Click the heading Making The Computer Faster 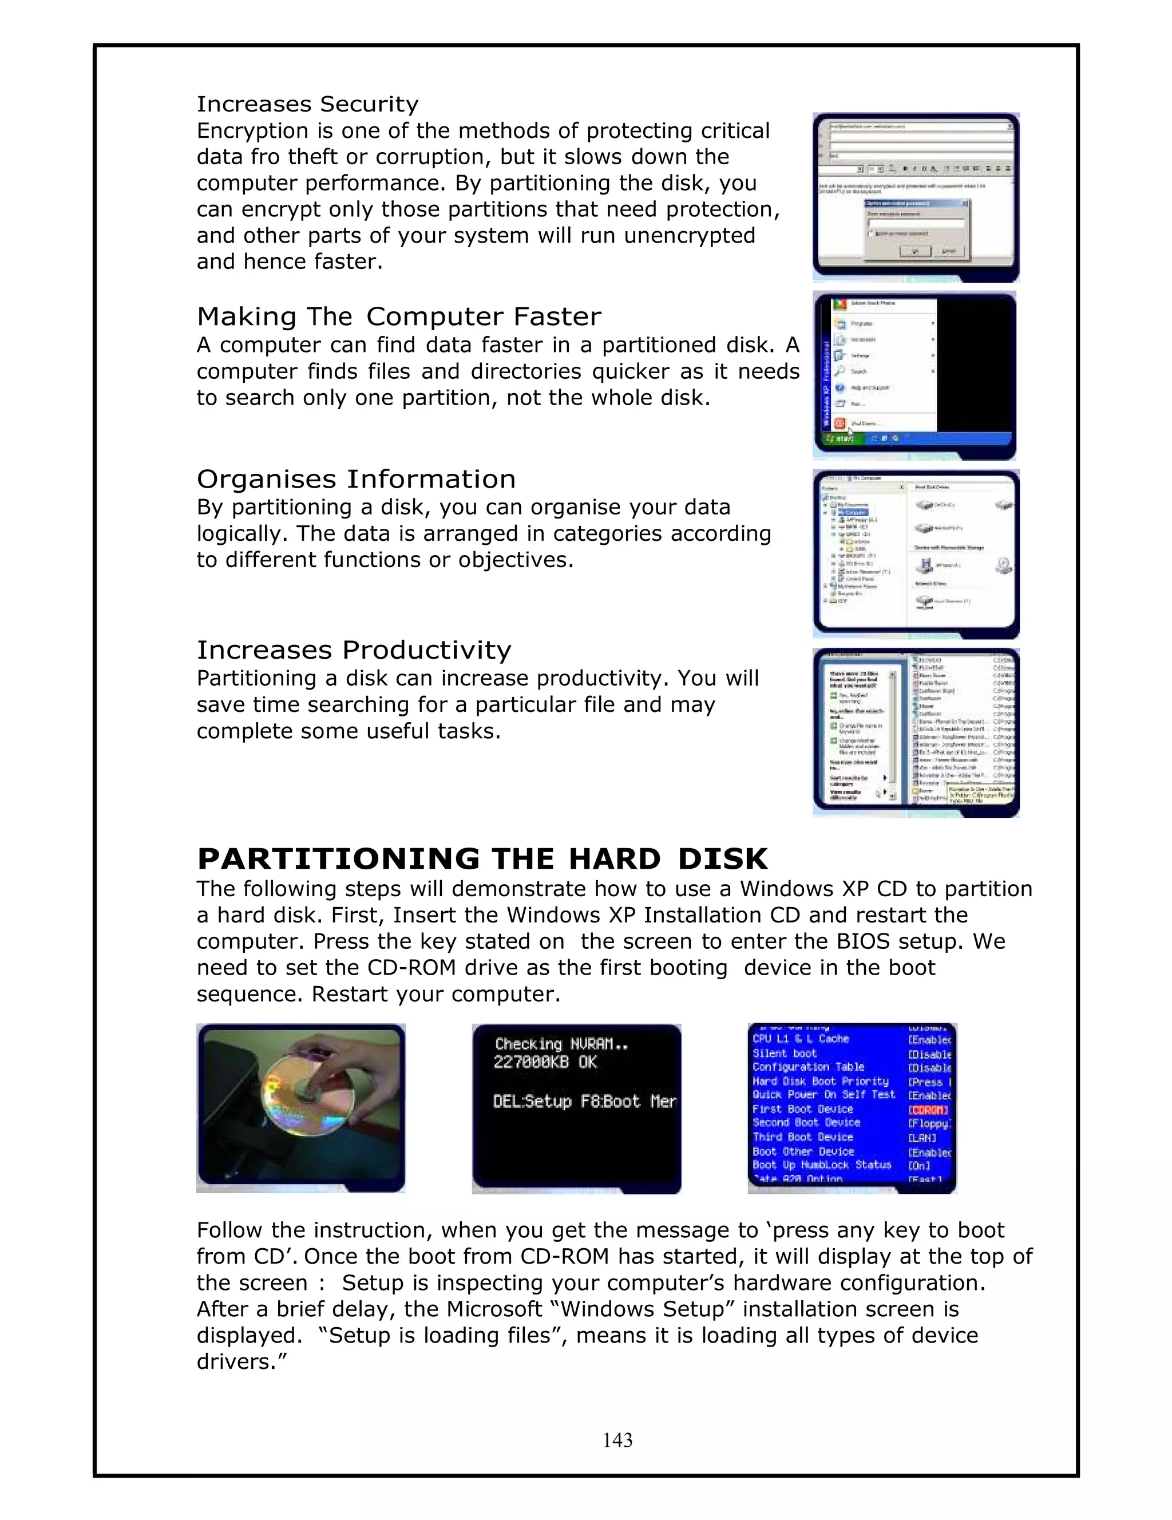(x=399, y=316)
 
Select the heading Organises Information (x=355, y=480)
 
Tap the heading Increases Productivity (x=354, y=650)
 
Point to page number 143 (x=617, y=1440)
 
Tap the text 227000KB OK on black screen (x=545, y=1062)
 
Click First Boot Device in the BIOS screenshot (x=802, y=1109)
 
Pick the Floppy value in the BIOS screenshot (x=929, y=1123)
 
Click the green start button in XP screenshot (x=841, y=438)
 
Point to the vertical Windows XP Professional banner (x=827, y=383)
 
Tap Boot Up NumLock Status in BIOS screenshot (x=821, y=1165)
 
